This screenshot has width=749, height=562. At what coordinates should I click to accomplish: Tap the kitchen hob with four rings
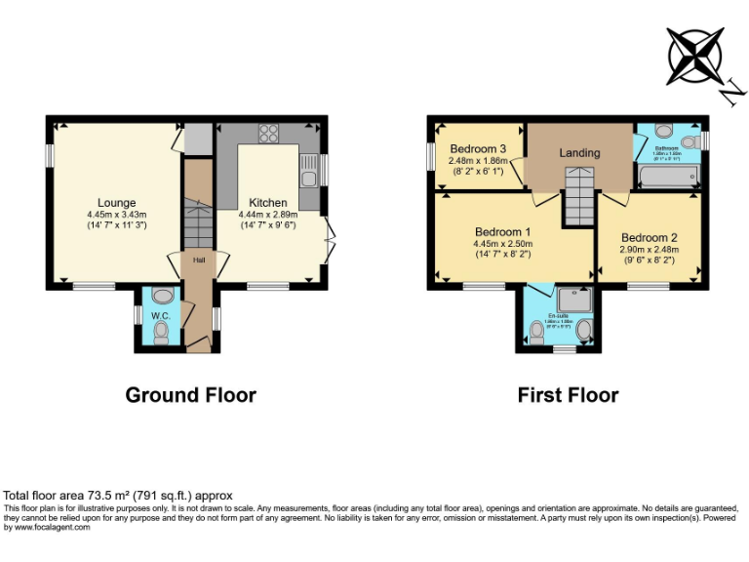(268, 135)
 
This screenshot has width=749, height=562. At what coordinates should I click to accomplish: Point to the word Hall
(198, 261)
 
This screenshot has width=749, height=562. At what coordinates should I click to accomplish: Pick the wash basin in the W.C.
(163, 295)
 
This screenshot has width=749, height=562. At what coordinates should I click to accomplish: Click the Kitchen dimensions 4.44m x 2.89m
(267, 214)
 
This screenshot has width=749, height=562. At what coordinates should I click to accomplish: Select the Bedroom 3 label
(472, 148)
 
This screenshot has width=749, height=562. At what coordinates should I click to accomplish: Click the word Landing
(579, 153)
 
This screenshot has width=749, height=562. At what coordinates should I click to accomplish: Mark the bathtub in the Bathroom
(667, 175)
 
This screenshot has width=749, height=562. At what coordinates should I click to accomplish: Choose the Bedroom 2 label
(649, 237)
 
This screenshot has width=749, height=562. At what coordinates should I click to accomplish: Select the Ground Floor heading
(190, 395)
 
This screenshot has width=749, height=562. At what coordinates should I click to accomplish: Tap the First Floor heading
(569, 395)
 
